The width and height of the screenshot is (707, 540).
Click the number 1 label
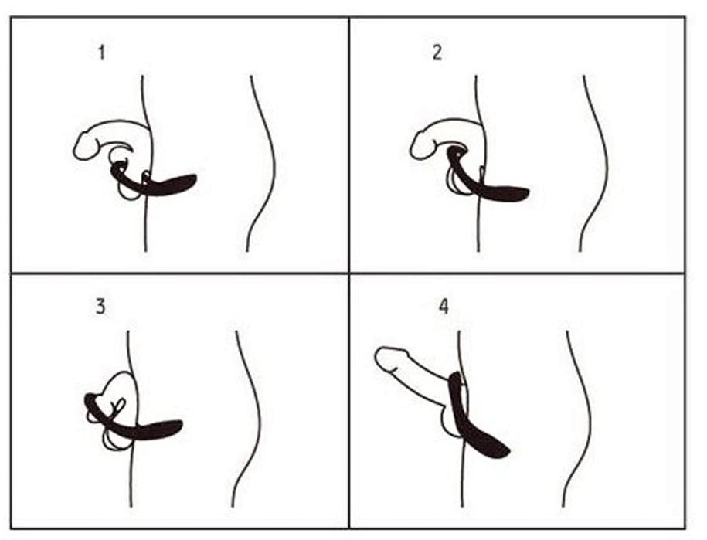click(101, 53)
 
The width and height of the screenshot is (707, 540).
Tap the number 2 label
click(437, 54)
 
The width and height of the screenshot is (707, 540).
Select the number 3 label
click(100, 306)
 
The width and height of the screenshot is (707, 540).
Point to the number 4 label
click(444, 307)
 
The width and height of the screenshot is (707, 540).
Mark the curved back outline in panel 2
click(601, 162)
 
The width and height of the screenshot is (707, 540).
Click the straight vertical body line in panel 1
click(144, 224)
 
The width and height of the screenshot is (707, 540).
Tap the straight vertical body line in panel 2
click(478, 224)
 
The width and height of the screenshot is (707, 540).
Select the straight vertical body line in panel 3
click(131, 479)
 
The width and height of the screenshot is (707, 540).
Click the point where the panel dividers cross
click(349, 273)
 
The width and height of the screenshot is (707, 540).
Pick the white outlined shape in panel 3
click(116, 386)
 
